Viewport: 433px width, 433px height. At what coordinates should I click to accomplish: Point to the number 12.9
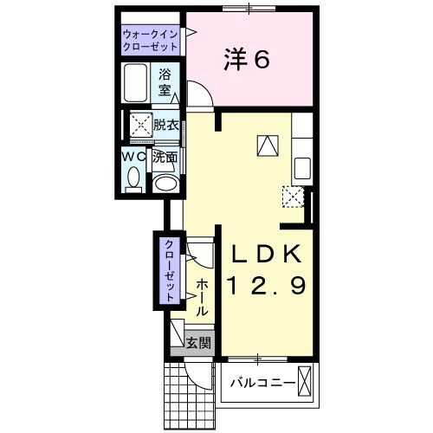266,285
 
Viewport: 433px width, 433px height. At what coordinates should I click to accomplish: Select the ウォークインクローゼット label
151,39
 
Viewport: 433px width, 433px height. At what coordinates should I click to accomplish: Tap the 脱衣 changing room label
166,126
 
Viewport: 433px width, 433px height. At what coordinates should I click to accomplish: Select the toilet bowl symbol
133,180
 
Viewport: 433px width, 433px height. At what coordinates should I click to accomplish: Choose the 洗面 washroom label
165,158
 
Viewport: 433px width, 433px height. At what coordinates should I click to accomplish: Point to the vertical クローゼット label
170,269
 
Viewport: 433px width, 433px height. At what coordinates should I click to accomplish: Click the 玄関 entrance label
199,344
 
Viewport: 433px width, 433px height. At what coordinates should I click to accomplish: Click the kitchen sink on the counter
303,167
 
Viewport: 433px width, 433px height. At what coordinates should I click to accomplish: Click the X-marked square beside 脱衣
139,126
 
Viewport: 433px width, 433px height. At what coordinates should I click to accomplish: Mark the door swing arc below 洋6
197,92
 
